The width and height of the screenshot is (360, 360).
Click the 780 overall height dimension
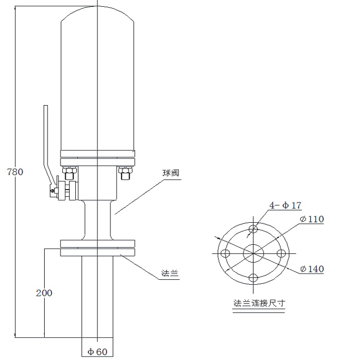15,172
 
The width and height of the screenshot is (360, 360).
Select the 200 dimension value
44,293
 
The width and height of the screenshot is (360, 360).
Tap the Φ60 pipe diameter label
97,351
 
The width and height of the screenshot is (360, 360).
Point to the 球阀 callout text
170,173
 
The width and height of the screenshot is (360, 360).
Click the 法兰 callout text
169,273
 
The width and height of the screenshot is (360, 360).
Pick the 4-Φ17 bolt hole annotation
285,205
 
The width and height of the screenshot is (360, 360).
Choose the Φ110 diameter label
312,219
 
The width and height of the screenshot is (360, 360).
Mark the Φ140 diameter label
312,269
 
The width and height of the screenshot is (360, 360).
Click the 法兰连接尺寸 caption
259,303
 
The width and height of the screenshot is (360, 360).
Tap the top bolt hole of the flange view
253,228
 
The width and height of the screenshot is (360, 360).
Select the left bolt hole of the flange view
225,253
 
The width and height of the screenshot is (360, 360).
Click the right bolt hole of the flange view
281,253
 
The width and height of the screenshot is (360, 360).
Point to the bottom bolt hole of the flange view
253,278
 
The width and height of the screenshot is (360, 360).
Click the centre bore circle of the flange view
253,253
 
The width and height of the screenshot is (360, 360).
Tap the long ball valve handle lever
48,144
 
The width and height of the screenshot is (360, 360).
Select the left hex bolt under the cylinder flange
69,173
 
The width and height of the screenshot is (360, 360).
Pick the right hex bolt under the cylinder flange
125,173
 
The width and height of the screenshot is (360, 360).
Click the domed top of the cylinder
97,13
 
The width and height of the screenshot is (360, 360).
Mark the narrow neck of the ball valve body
97,220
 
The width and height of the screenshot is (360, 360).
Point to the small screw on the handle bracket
53,191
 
